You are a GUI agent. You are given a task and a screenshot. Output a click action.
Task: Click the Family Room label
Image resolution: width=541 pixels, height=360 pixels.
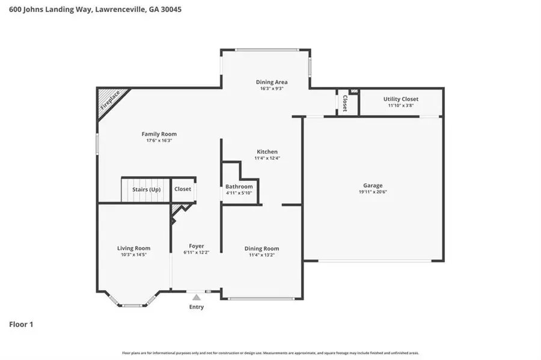pos(159,134)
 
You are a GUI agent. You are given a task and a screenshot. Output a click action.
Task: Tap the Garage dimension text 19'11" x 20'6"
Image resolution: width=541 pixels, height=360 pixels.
pos(373,192)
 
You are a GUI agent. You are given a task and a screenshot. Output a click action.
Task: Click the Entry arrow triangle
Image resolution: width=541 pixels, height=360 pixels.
pos(196,297)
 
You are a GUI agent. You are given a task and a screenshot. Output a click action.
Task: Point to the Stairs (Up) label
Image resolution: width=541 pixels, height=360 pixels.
pos(146,189)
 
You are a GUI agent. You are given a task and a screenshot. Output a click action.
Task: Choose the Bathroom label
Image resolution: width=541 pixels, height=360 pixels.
pos(239,186)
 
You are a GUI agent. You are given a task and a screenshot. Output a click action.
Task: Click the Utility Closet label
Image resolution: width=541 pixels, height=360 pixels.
pos(401,99)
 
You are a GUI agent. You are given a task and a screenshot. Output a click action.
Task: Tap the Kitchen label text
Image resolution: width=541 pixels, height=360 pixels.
pos(267,151)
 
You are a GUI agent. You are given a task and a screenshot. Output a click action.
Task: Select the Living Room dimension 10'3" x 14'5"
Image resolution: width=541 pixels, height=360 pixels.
pos(133,255)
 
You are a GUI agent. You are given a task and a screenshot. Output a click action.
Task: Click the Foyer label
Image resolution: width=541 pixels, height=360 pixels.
pos(196,246)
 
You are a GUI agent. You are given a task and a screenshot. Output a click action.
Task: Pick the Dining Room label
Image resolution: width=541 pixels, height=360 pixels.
pos(261,248)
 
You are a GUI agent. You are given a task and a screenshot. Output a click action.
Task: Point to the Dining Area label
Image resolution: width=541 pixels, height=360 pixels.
pos(272,82)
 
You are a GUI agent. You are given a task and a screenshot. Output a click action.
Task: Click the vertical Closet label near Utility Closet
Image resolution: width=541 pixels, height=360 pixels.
pos(345,103)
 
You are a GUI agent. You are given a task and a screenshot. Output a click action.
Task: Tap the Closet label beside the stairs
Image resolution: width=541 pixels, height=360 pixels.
pos(183,189)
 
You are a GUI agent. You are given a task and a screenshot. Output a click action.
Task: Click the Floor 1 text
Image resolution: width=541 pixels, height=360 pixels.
pos(21,325)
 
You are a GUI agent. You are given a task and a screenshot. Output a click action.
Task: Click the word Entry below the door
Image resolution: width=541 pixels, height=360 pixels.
pos(197,307)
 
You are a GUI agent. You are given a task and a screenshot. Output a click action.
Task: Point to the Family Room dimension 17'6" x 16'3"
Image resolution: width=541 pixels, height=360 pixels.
pos(159,141)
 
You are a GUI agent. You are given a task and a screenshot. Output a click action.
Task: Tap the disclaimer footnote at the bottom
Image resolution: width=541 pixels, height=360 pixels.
pos(270,353)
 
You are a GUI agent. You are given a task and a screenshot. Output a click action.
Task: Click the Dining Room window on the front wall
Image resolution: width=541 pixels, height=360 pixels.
pos(261,299)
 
